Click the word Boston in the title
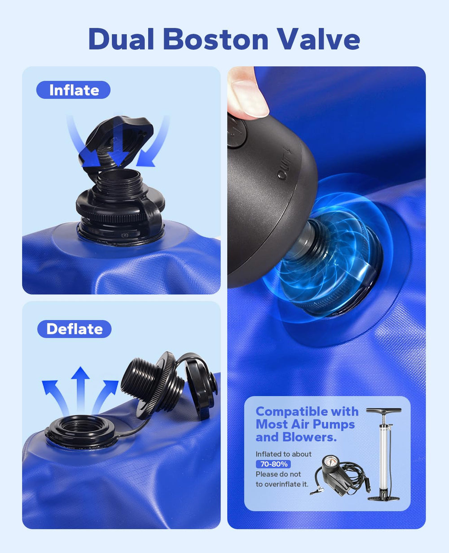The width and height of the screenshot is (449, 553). point(216,39)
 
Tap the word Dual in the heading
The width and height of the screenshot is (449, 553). point(121,39)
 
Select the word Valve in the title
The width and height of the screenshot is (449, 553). point(318,39)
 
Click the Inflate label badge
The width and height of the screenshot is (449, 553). point(74,90)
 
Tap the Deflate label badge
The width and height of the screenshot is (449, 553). point(75,329)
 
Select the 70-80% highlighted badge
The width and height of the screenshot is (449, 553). point(273,464)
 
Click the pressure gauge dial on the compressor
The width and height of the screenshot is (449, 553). point(331,462)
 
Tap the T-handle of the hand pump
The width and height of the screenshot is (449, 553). point(383,411)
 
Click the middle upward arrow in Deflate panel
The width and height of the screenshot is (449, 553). point(80,389)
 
